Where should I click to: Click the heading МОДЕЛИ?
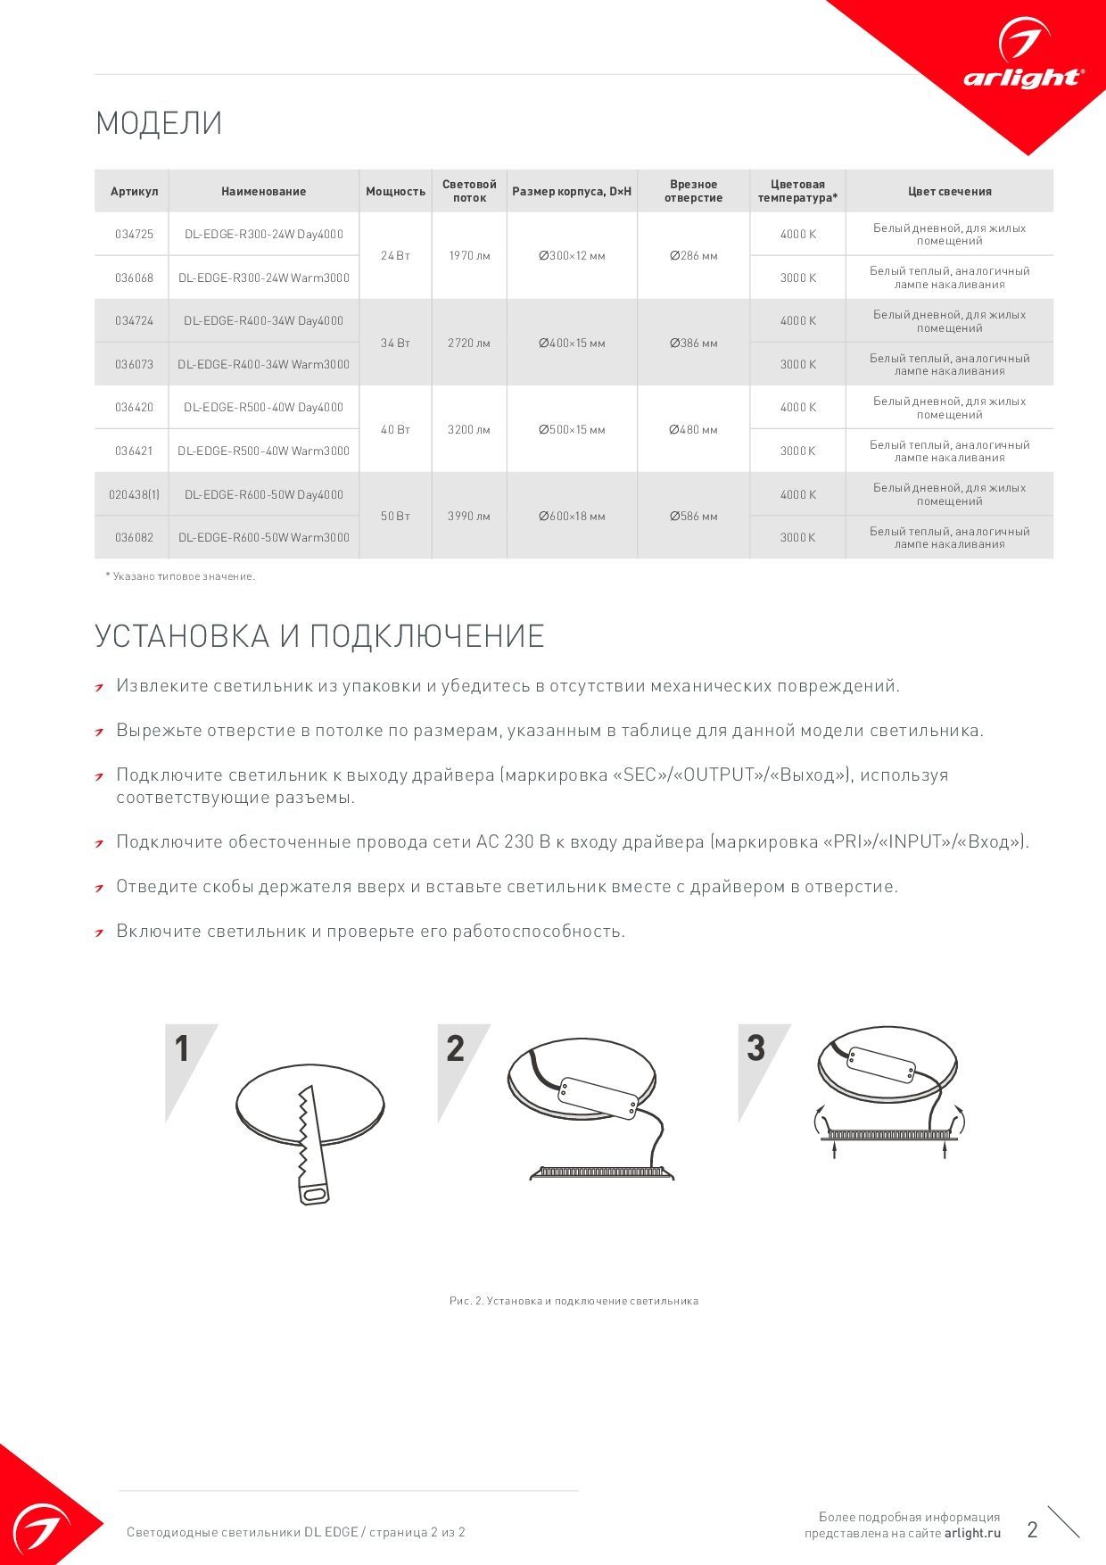pyautogui.click(x=159, y=123)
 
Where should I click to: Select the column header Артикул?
pyautogui.click(x=134, y=192)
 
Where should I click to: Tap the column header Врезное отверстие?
pyautogui.click(x=693, y=191)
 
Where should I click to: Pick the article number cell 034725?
pyautogui.click(x=134, y=235)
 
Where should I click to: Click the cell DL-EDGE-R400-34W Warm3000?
pyautogui.click(x=263, y=364)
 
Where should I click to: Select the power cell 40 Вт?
pyautogui.click(x=395, y=429)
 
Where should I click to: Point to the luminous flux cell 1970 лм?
pyautogui.click(x=469, y=256)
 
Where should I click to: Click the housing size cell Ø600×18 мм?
pyautogui.click(x=572, y=516)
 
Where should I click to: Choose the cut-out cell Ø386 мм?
pyautogui.click(x=693, y=343)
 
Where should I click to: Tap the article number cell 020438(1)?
pyautogui.click(x=134, y=494)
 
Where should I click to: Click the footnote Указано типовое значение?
pyautogui.click(x=181, y=576)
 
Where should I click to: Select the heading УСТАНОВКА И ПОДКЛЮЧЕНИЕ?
pyautogui.click(x=319, y=636)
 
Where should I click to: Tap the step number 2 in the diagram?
pyautogui.click(x=455, y=1049)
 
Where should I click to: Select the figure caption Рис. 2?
pyautogui.click(x=573, y=1301)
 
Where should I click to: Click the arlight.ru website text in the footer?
pyautogui.click(x=972, y=1533)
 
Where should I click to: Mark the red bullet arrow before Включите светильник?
pyautogui.click(x=101, y=932)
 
